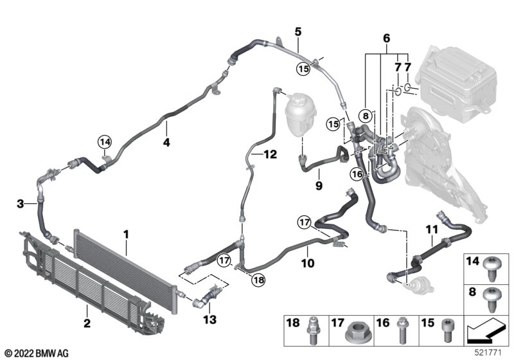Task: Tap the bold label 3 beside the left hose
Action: tap(21, 204)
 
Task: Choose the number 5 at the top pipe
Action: tap(297, 30)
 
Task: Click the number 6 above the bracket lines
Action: tap(386, 39)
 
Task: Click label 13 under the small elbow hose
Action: tap(209, 319)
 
